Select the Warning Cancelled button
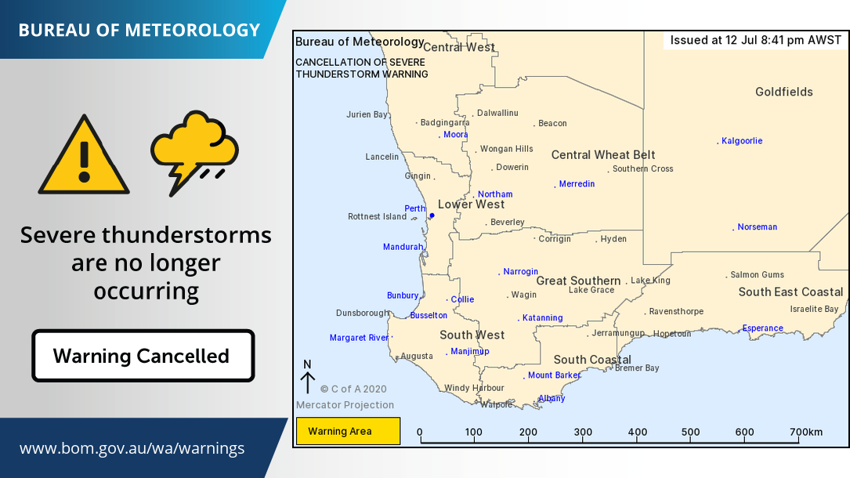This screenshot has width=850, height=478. pyautogui.click(x=143, y=356)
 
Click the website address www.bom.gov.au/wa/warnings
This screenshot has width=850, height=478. pyautogui.click(x=132, y=449)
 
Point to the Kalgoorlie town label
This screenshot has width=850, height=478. pyautogui.click(x=741, y=141)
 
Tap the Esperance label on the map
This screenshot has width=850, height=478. pyautogui.click(x=762, y=328)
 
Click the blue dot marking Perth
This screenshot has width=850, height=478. pyautogui.click(x=432, y=215)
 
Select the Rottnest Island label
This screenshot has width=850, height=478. pyautogui.click(x=377, y=217)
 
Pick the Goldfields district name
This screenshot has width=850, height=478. pyautogui.click(x=783, y=92)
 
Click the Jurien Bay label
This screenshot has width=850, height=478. pyautogui.click(x=367, y=114)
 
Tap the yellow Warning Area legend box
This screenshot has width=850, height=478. pyautogui.click(x=347, y=431)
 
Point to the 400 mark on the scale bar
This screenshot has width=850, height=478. pyautogui.click(x=637, y=432)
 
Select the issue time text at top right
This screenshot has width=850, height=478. pyautogui.click(x=756, y=40)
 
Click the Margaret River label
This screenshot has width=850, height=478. pyautogui.click(x=359, y=338)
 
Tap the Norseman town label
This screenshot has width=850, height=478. pyautogui.click(x=757, y=227)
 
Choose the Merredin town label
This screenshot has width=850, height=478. pyautogui.click(x=577, y=184)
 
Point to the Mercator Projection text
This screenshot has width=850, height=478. pyautogui.click(x=345, y=405)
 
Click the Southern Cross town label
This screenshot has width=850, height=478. pyautogui.click(x=642, y=168)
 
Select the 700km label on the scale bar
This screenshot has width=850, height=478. pyautogui.click(x=806, y=432)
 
